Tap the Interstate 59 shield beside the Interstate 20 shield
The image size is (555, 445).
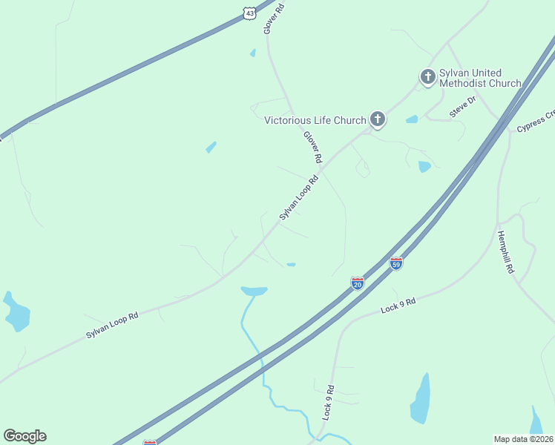click(396, 263)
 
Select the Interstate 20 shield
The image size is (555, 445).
click(358, 283)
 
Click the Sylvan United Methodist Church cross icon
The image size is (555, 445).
click(427, 76)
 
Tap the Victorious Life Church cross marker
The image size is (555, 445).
click(378, 119)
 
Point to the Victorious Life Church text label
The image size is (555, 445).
click(315, 120)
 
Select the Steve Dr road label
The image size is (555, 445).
click(461, 109)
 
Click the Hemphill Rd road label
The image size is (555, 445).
click(505, 252)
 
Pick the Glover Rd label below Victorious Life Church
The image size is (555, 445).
click(312, 147)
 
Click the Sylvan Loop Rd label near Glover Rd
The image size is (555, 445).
click(298, 197)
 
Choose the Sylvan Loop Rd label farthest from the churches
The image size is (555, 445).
click(112, 326)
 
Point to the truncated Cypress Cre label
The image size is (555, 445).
click(536, 121)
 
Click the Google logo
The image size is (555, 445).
click(24, 436)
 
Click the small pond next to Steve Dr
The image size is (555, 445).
click(412, 119)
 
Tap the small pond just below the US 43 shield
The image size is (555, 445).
click(253, 53)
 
